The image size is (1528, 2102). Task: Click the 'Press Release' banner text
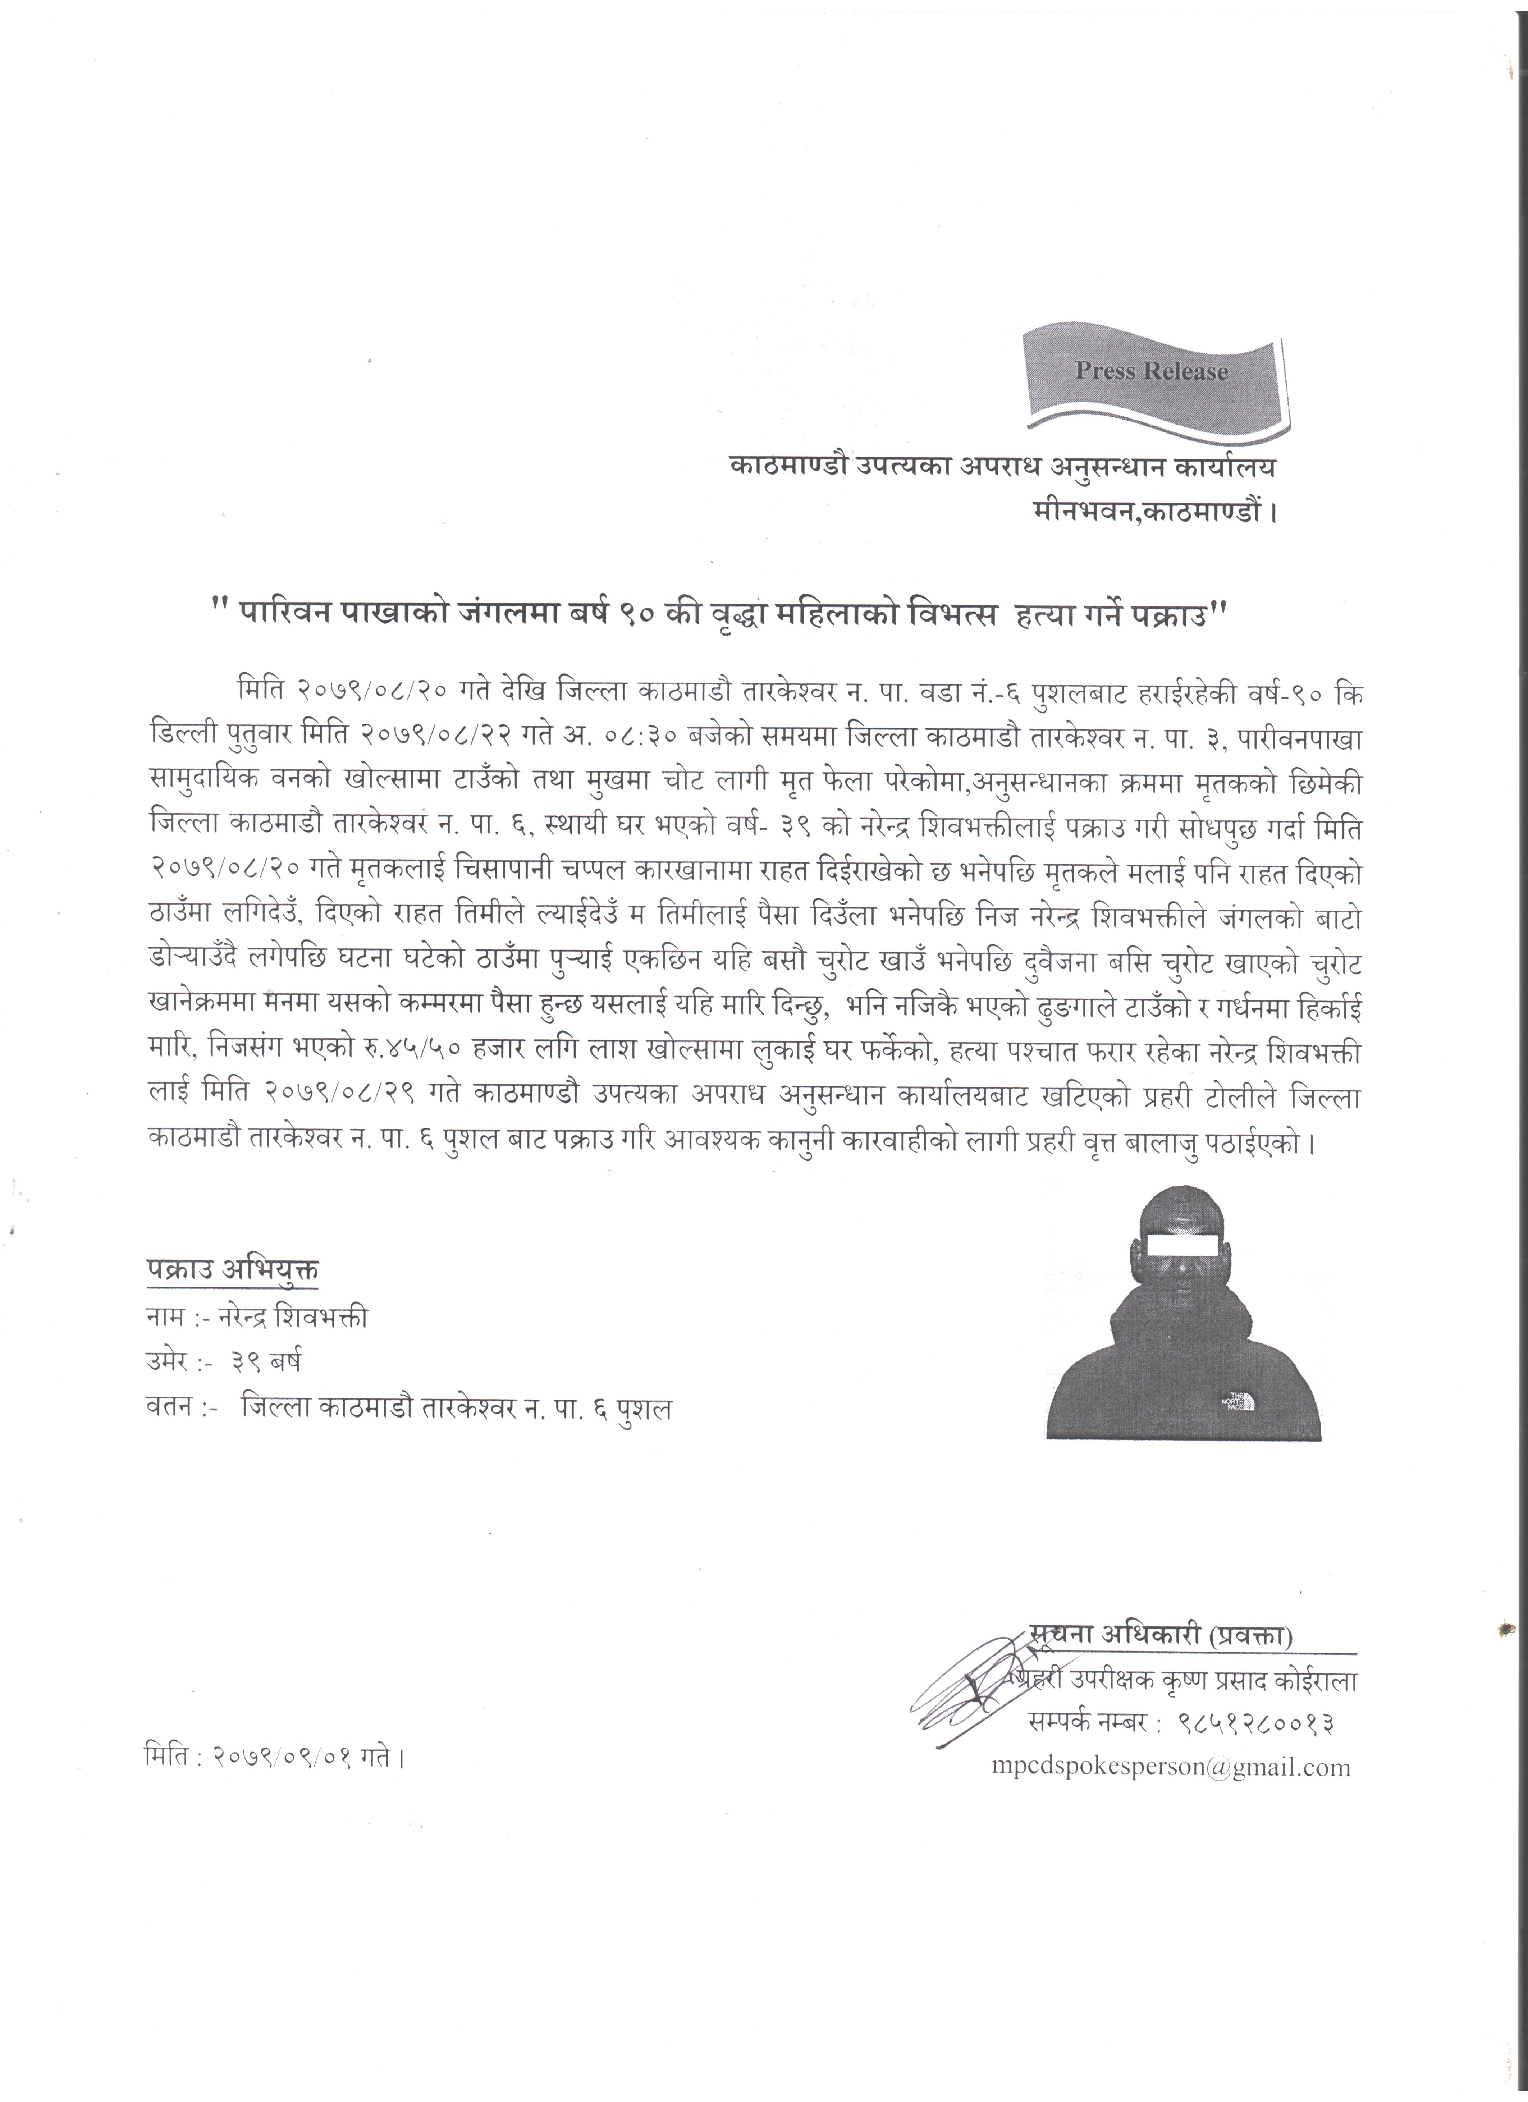coord(1151,372)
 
